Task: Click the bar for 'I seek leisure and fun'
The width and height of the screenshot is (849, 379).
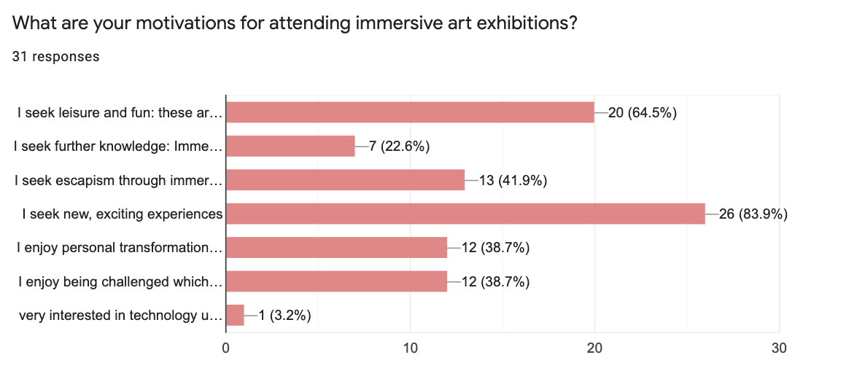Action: (410, 112)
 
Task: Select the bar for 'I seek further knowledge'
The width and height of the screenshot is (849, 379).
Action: (290, 146)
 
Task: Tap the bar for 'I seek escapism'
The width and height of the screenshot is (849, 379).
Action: (345, 179)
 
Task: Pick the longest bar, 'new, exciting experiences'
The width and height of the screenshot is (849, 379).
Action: (465, 214)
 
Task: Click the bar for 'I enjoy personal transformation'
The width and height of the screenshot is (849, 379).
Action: (336, 248)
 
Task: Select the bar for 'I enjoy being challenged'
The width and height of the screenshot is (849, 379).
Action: (336, 281)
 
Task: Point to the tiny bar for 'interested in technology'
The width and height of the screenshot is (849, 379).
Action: (235, 316)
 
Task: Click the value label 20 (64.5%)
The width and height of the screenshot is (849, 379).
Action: (642, 112)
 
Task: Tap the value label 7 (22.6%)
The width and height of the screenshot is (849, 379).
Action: (399, 146)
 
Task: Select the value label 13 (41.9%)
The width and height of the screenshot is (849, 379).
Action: (513, 180)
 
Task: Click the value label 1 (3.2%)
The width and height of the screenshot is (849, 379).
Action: (284, 316)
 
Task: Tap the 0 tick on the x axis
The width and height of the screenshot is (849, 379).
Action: (226, 348)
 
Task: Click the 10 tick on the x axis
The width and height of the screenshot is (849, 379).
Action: (410, 348)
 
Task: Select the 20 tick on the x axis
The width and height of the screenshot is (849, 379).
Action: (594, 348)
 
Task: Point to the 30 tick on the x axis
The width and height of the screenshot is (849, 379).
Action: (779, 348)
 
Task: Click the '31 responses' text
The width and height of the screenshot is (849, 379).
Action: (56, 56)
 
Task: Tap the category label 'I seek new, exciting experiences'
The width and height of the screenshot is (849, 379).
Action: (123, 214)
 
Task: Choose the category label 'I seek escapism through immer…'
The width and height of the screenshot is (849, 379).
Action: (118, 180)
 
